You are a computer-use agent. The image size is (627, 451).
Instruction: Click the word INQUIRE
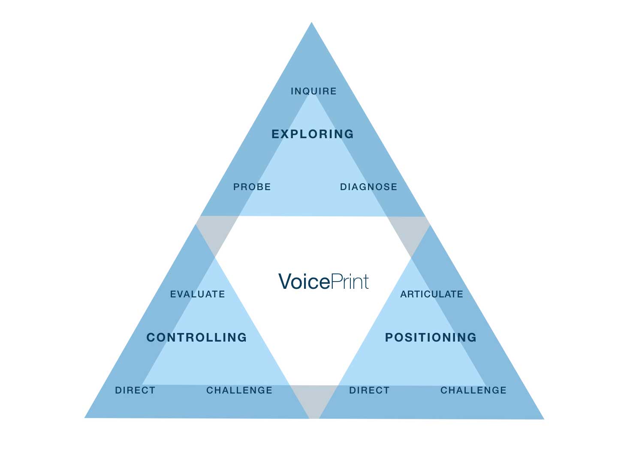click(313, 91)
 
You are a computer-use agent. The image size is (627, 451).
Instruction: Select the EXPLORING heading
click(313, 134)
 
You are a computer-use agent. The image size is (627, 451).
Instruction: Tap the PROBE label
click(252, 187)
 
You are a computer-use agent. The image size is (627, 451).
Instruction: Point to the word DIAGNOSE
click(368, 187)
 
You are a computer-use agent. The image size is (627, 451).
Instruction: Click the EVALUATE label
click(198, 294)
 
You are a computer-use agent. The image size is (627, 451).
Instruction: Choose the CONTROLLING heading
click(197, 337)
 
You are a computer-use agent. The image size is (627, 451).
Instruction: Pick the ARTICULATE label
click(431, 294)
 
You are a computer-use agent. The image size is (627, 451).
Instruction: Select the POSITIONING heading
click(431, 337)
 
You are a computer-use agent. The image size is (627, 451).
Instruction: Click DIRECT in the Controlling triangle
click(135, 390)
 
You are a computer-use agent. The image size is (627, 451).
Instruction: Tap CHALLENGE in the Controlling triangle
click(239, 390)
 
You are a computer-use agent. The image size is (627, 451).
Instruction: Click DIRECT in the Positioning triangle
click(369, 390)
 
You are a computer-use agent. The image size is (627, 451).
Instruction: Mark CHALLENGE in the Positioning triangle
click(473, 390)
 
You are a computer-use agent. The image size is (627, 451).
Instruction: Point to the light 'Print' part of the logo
click(350, 282)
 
